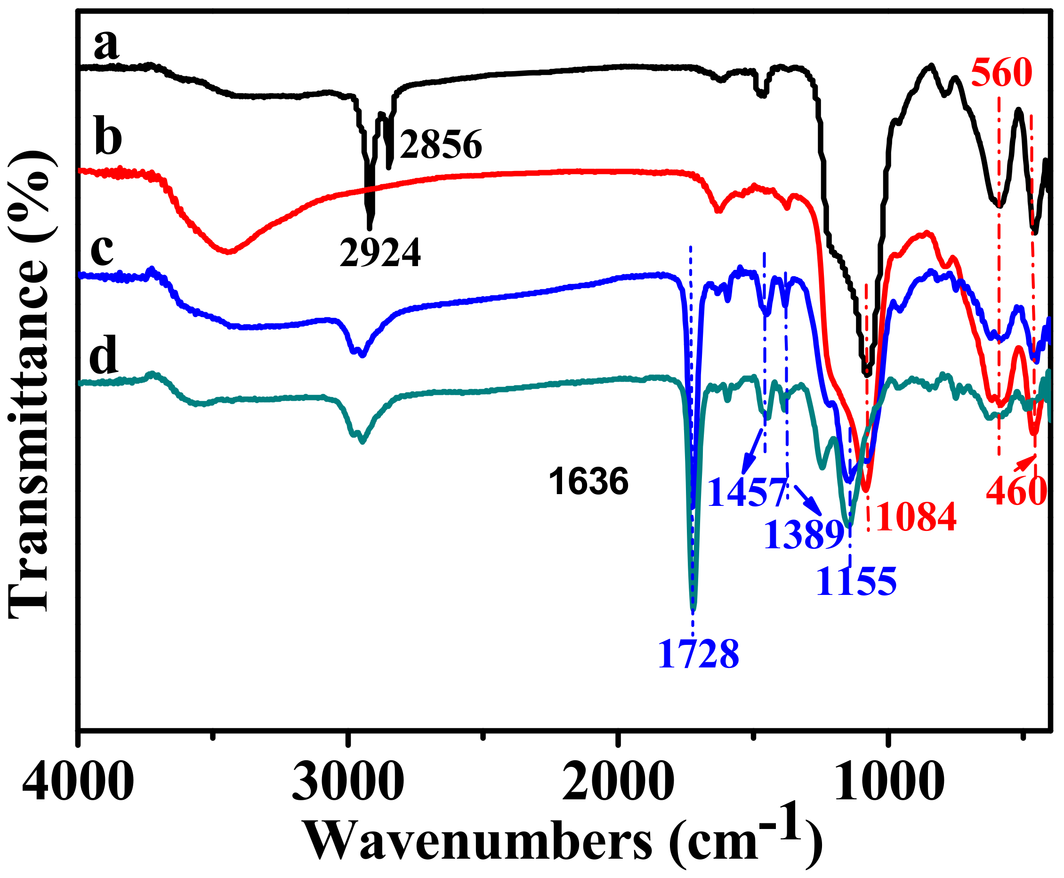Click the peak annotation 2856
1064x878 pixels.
(441, 145)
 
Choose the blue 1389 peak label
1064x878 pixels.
(804, 535)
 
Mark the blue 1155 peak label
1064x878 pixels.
(856, 581)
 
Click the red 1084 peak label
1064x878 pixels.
(916, 517)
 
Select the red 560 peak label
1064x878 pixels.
(1001, 73)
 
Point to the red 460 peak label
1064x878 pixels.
(1016, 491)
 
